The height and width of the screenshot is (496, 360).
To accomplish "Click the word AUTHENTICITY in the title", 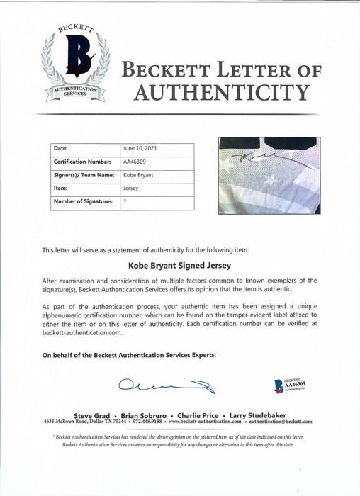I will (x=216, y=92).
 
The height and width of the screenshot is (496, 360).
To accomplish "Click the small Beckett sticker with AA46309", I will (x=291, y=386).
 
